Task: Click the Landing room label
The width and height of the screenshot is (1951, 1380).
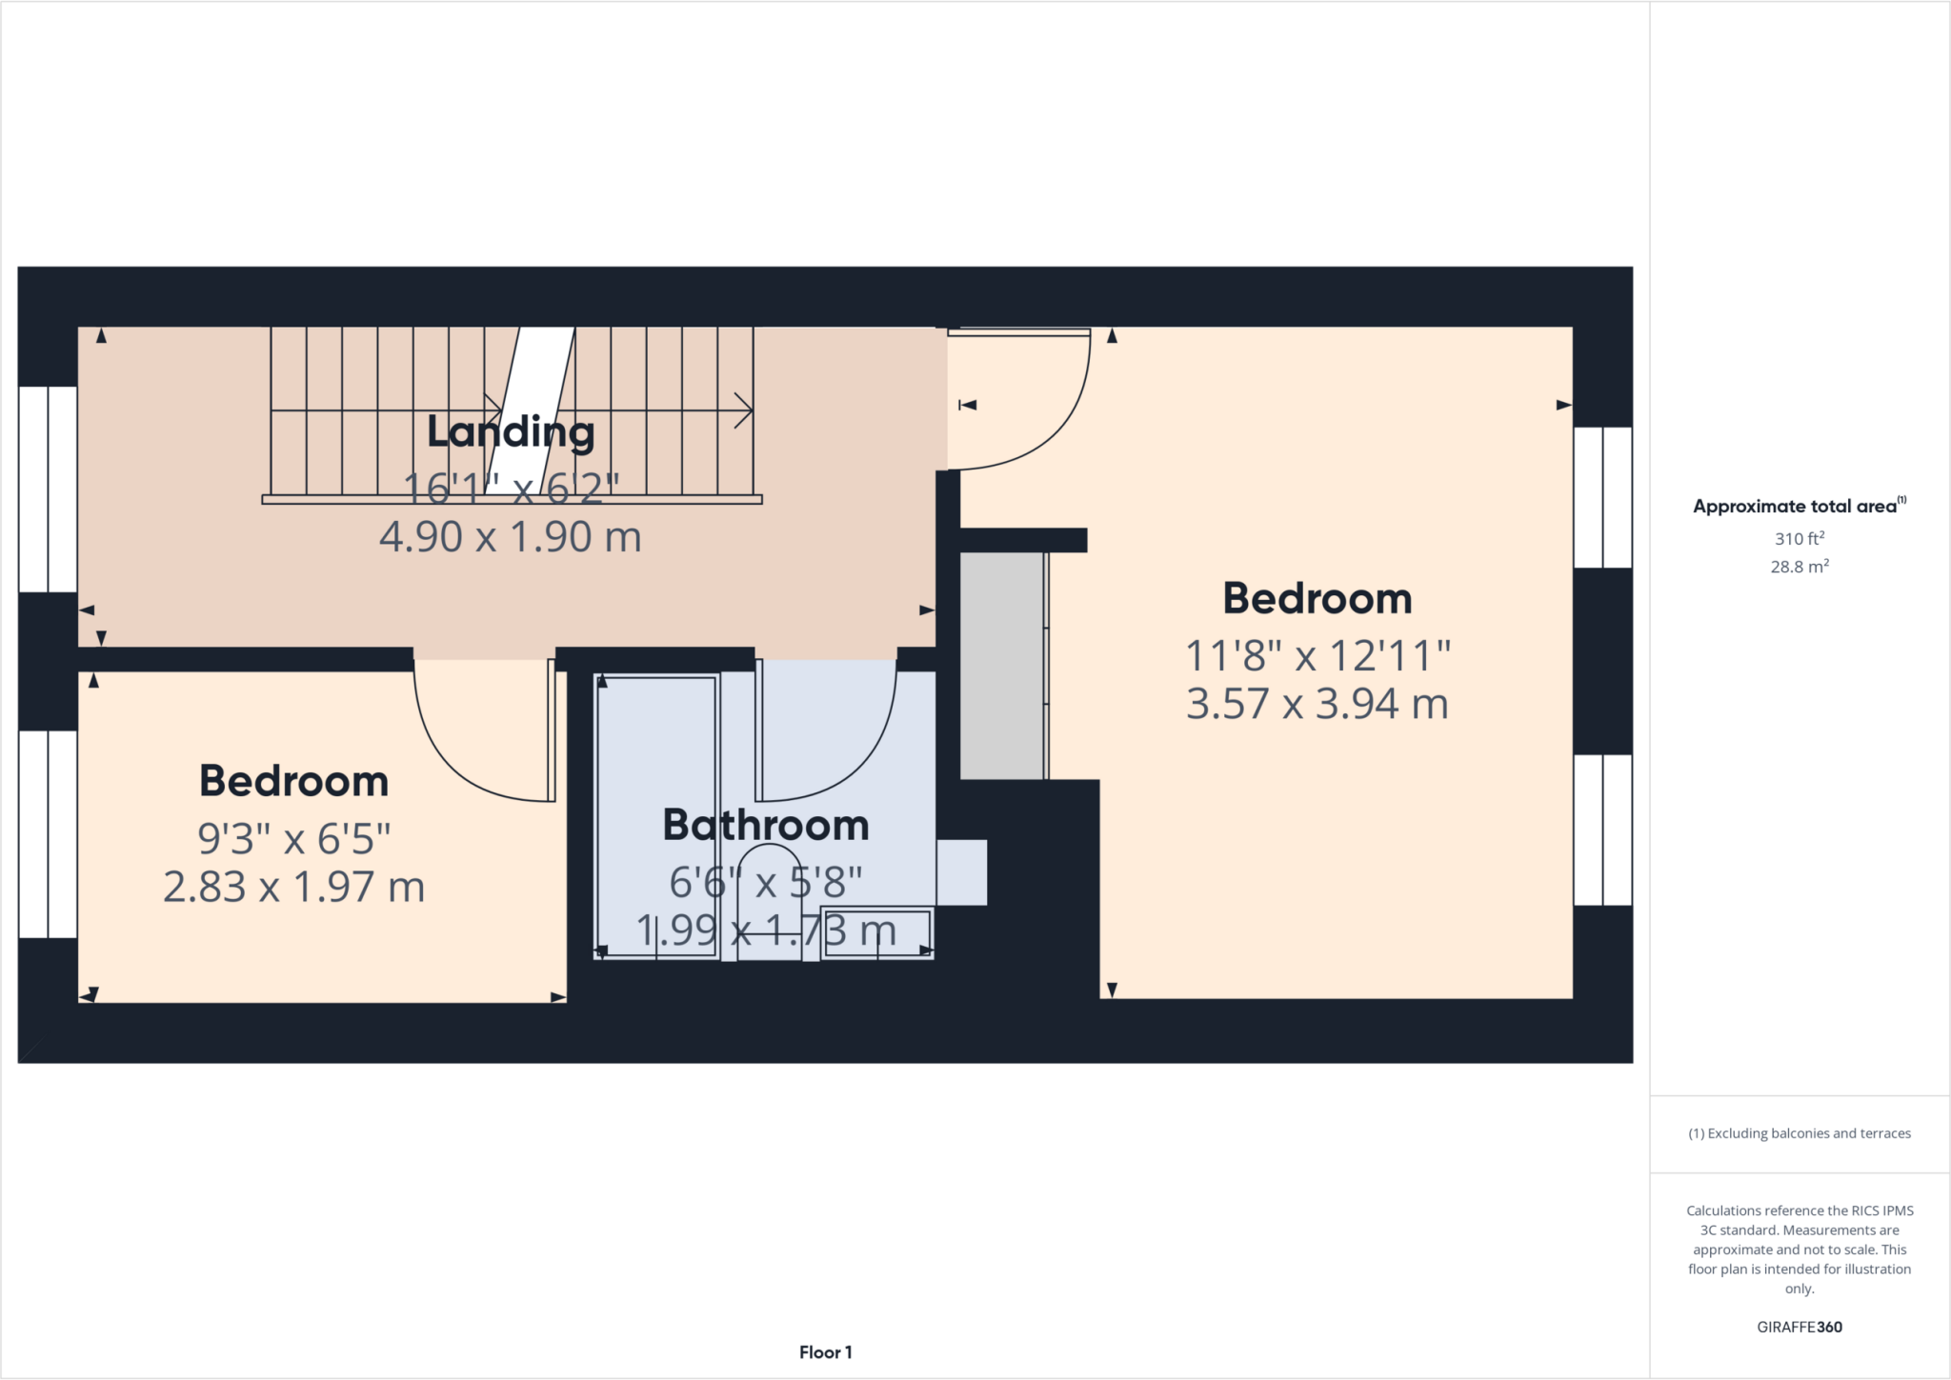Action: click(x=511, y=433)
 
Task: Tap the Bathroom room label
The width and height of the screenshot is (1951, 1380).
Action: click(x=766, y=825)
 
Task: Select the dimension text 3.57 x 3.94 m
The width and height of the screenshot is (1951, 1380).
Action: click(x=1317, y=705)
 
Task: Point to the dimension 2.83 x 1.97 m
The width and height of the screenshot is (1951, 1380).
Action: click(x=293, y=888)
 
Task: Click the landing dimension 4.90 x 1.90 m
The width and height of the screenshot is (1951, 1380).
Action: click(x=511, y=538)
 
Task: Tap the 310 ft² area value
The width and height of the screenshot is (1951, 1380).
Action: click(x=1799, y=539)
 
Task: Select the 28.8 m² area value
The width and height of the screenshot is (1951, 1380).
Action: click(x=1799, y=567)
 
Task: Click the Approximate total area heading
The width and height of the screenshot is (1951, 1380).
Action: click(x=1799, y=507)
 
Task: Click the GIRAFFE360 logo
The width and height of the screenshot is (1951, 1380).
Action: click(x=1799, y=1327)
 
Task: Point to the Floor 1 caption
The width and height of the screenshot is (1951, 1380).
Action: click(x=825, y=1352)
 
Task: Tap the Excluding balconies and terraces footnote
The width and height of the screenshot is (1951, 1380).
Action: click(x=1799, y=1133)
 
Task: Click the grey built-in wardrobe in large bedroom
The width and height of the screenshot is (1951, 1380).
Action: click(x=1002, y=666)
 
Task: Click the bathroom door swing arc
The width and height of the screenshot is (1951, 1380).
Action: click(x=857, y=762)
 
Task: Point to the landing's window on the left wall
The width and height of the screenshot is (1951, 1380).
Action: click(x=48, y=489)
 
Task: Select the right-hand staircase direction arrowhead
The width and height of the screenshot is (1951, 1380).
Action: click(x=744, y=411)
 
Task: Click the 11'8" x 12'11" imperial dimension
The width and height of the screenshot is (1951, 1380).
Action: click(x=1317, y=656)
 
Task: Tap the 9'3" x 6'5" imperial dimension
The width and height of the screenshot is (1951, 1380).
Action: click(x=293, y=839)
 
